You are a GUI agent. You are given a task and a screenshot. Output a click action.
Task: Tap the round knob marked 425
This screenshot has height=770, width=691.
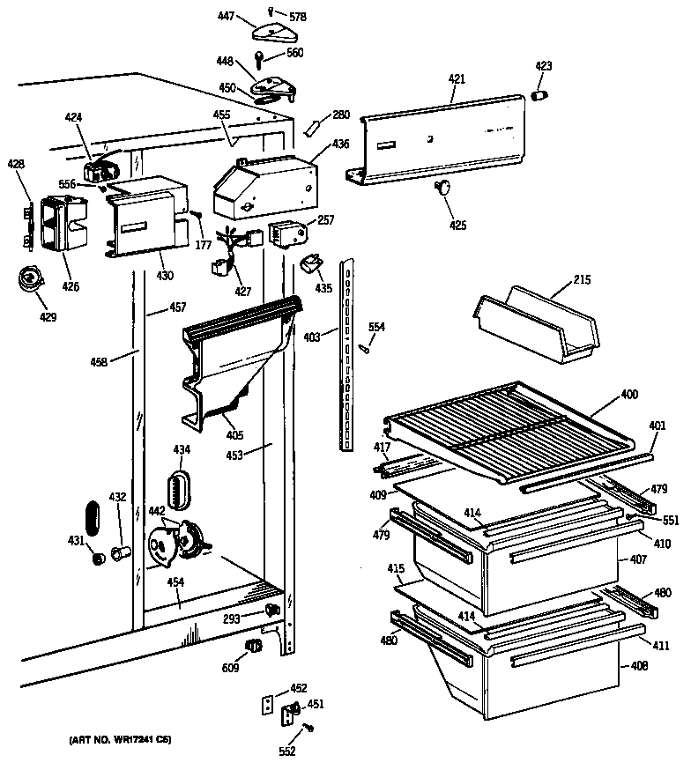442,187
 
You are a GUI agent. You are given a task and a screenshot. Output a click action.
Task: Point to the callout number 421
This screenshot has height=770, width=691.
456,78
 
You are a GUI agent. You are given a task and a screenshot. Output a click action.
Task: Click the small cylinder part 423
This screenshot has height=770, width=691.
541,94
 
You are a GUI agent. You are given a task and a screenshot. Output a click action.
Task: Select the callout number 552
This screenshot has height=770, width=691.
286,751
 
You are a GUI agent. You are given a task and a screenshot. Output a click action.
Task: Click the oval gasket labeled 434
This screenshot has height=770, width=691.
179,489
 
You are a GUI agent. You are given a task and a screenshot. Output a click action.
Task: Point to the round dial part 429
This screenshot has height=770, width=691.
31,280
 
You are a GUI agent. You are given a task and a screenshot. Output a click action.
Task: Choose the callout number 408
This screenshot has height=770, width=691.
640,665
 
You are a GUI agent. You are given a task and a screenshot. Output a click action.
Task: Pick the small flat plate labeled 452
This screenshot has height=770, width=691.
267,704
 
